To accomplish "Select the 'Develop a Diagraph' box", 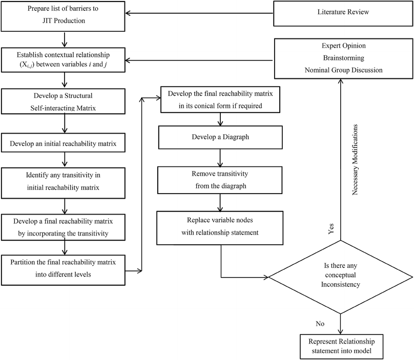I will (220, 138).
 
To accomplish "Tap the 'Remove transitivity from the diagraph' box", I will (220, 179).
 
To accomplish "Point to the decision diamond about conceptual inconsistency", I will (340, 278).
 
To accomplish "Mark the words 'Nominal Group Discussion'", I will (343, 70).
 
